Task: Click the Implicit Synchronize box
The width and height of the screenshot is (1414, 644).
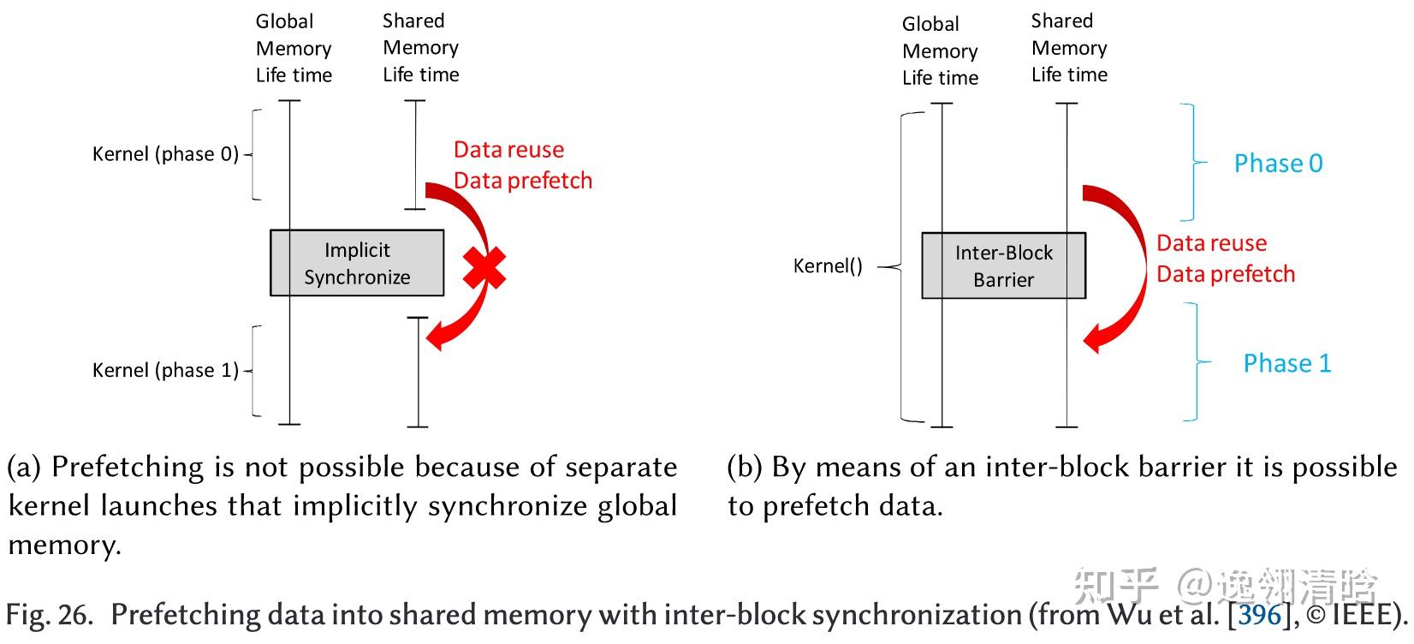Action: click(x=357, y=263)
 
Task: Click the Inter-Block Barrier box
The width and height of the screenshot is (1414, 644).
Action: click(x=1003, y=265)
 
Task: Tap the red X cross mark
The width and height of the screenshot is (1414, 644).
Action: click(x=484, y=267)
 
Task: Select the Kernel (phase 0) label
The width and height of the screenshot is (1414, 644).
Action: click(x=165, y=154)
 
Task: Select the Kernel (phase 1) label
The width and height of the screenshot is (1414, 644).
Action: click(x=165, y=370)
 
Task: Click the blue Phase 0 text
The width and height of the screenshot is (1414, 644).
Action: click(x=1278, y=164)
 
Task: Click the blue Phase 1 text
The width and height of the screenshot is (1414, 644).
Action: click(x=1286, y=363)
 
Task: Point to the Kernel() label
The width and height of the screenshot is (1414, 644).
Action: click(x=827, y=265)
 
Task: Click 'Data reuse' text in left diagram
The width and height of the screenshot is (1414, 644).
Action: click(x=508, y=150)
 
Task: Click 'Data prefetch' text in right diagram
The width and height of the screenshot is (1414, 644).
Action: click(x=1226, y=274)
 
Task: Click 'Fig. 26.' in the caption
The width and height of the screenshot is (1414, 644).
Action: click(x=49, y=615)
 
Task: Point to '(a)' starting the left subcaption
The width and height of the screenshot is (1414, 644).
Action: click(x=24, y=468)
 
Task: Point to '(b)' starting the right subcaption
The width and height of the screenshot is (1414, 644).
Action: click(x=745, y=468)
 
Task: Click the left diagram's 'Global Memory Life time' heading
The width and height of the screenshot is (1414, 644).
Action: click(x=294, y=48)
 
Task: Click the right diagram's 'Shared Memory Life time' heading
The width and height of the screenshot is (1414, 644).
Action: click(x=1069, y=48)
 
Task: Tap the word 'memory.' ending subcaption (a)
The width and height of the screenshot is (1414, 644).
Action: click(x=64, y=546)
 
